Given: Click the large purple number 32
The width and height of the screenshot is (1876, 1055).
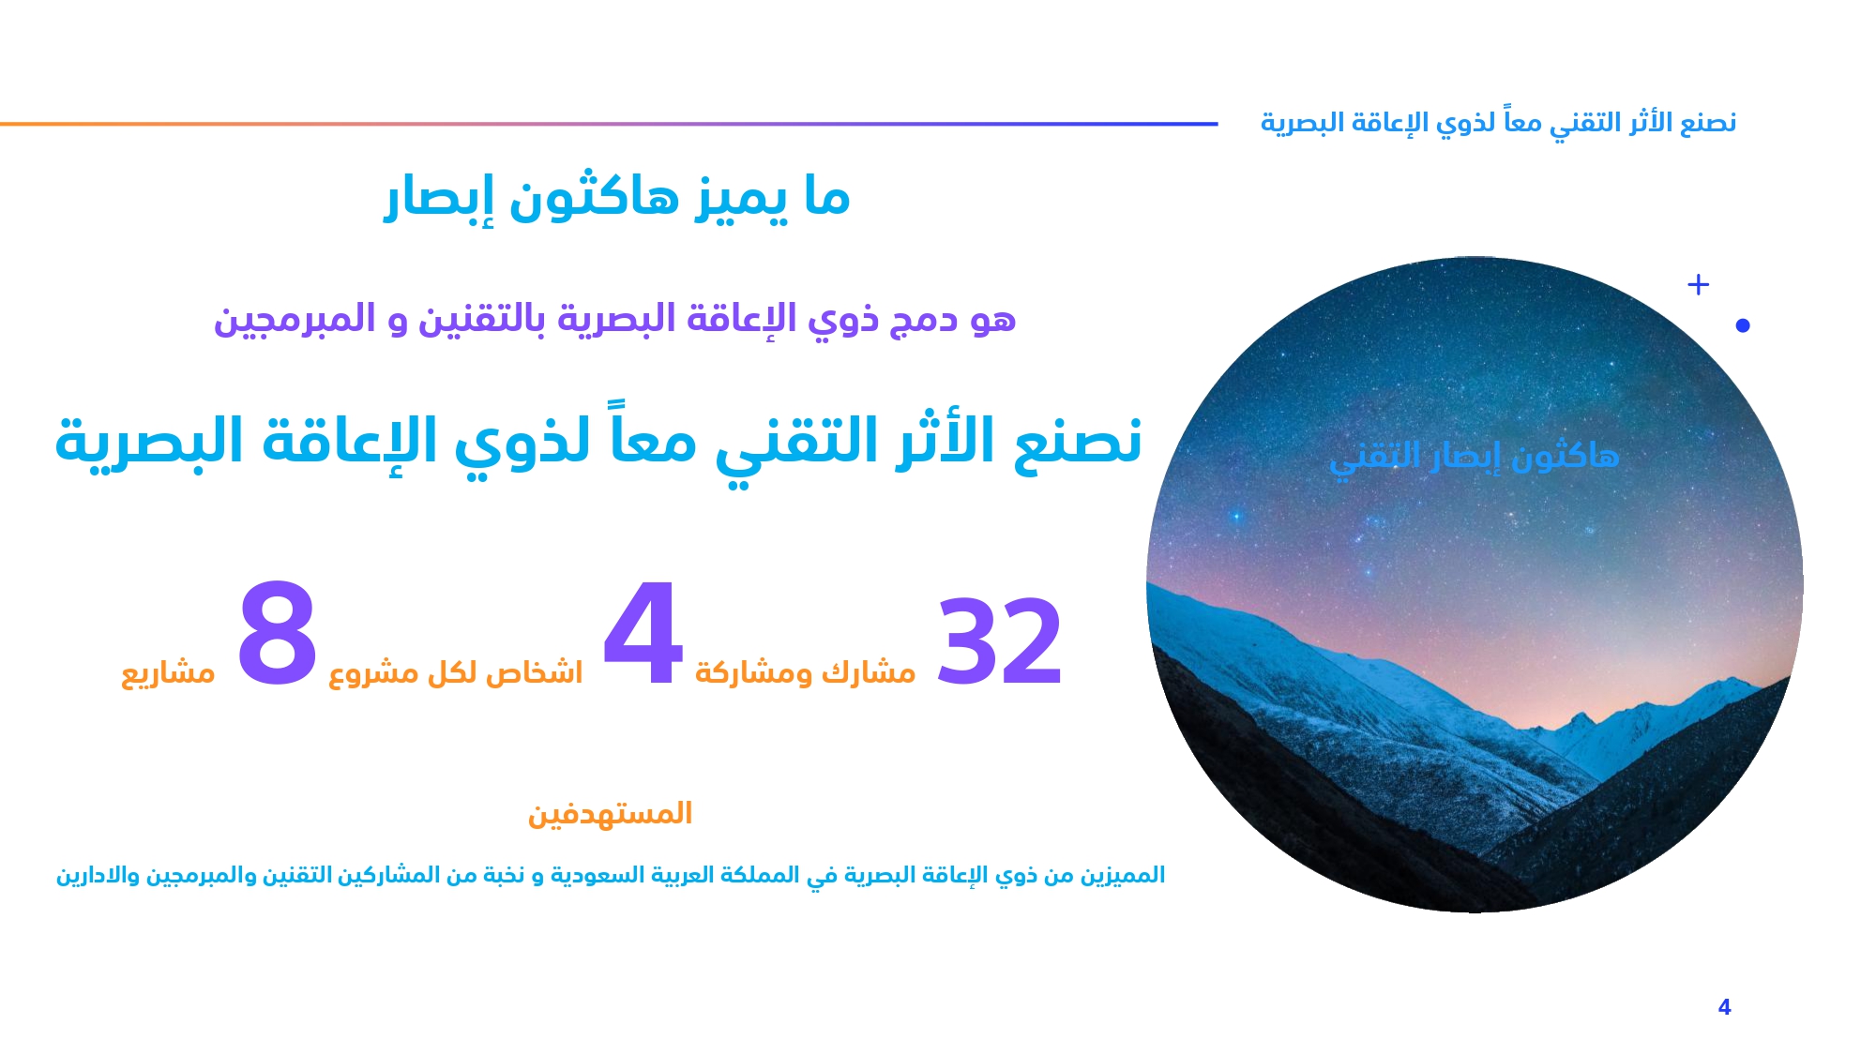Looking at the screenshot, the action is [x=1000, y=641].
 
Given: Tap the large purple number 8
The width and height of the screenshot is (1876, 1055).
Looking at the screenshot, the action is [x=277, y=633].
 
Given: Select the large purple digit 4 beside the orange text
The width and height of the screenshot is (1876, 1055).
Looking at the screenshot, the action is [x=643, y=633].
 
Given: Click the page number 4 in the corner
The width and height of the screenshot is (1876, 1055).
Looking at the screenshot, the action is [x=1724, y=1007].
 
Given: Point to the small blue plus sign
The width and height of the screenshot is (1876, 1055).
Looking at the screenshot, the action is [x=1698, y=284].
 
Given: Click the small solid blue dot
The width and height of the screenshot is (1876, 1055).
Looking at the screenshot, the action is [x=1743, y=325].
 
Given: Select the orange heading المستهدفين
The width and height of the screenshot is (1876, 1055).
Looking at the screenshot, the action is [x=610, y=813].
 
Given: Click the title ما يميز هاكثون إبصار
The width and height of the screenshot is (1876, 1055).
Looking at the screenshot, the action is [x=617, y=198].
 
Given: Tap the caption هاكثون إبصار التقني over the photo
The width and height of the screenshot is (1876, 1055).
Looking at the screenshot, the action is [x=1474, y=458].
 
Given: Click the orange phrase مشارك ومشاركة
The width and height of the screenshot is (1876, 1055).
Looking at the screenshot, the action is [x=805, y=672].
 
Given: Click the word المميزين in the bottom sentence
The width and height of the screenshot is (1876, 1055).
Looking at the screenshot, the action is [x=1123, y=875].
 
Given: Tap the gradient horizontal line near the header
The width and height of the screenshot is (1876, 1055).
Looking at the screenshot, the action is [x=609, y=124].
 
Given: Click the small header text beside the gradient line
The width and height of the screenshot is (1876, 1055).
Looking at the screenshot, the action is [x=1498, y=123].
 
